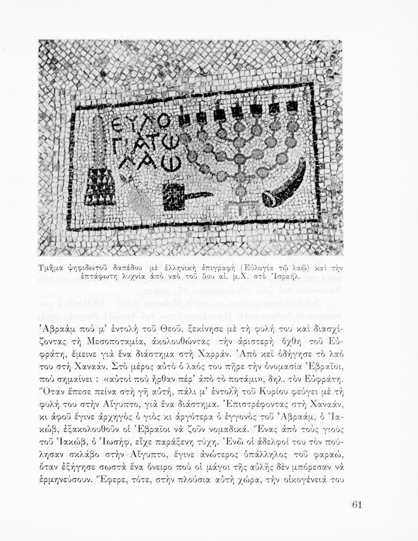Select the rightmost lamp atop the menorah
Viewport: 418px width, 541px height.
coord(291,105)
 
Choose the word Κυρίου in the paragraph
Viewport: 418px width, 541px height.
coord(271,390)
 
